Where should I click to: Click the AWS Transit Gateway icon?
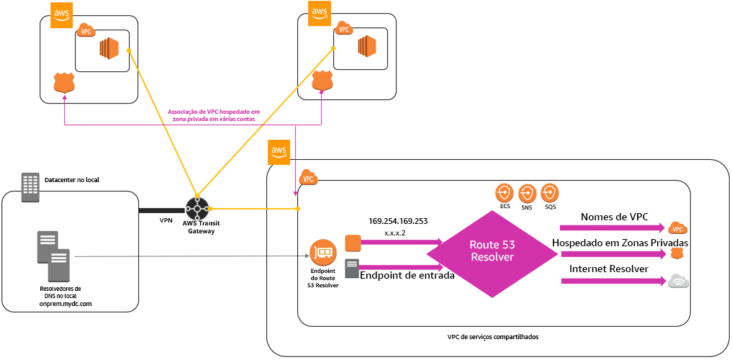coord(196,208)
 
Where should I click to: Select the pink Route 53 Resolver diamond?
coord(492,251)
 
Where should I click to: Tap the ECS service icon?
coord(505,193)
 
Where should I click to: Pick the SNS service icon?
coord(527,193)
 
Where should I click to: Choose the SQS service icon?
coord(550,193)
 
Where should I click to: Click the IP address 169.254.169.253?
coord(398,222)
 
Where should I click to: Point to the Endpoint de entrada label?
coord(407,274)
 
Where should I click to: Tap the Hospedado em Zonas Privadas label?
coord(620,243)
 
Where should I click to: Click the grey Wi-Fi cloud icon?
coord(678,281)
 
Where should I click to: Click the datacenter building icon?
coord(30,186)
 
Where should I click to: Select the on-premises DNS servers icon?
coord(54,256)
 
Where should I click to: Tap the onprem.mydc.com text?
coord(66,304)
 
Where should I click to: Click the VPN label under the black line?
coord(166,220)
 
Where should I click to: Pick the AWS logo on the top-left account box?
coord(62,14)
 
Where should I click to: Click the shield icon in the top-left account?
coord(64,84)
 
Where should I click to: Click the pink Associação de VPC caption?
coord(213,115)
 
